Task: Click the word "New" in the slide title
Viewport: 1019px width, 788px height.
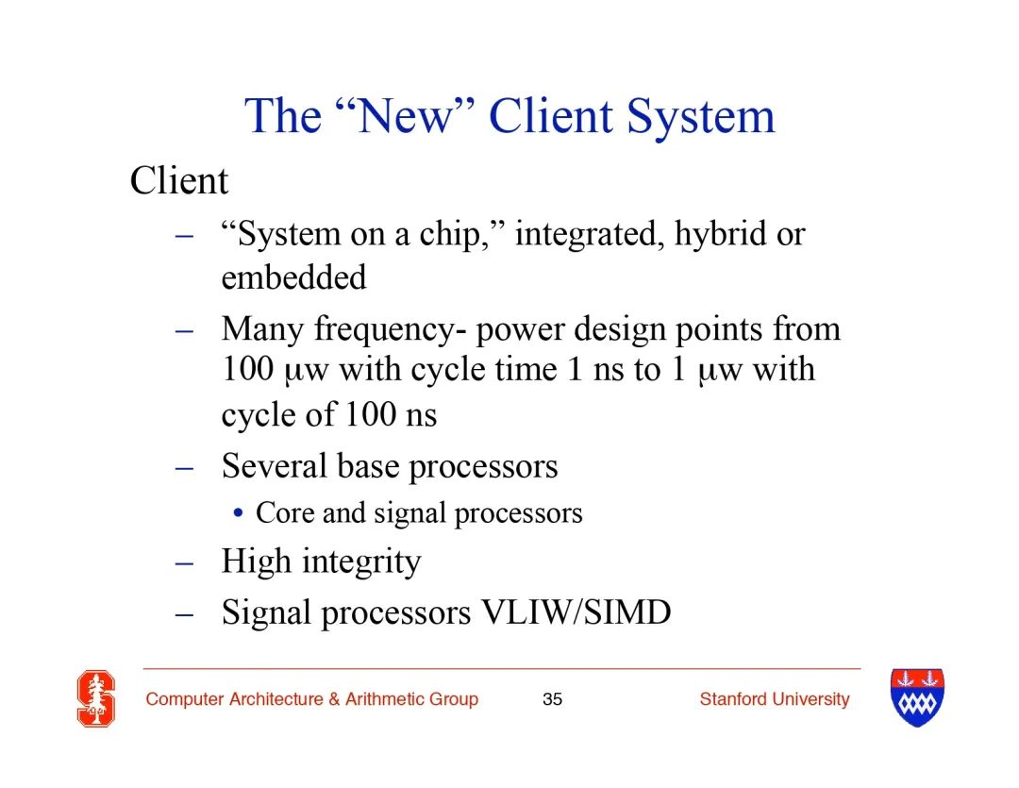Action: [x=406, y=116]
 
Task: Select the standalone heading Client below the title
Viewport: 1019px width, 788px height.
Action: [x=178, y=180]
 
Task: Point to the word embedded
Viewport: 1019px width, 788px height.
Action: [x=293, y=277]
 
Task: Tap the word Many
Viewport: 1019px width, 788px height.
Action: [x=262, y=330]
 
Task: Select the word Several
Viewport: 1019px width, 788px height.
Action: [x=275, y=466]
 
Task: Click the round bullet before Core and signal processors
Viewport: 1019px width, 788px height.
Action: [x=239, y=513]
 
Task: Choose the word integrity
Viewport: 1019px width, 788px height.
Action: [x=361, y=562]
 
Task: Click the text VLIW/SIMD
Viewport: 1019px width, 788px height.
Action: [x=576, y=612]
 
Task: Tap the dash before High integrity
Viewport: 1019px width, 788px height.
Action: [x=185, y=562]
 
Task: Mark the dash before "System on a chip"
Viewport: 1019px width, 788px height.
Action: [x=185, y=236]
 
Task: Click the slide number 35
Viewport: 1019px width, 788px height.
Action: [x=552, y=699]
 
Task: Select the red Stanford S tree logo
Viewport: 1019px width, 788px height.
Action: [x=96, y=699]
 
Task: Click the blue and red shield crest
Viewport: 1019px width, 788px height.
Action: [x=917, y=697]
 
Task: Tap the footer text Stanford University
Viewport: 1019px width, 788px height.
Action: [x=775, y=699]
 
